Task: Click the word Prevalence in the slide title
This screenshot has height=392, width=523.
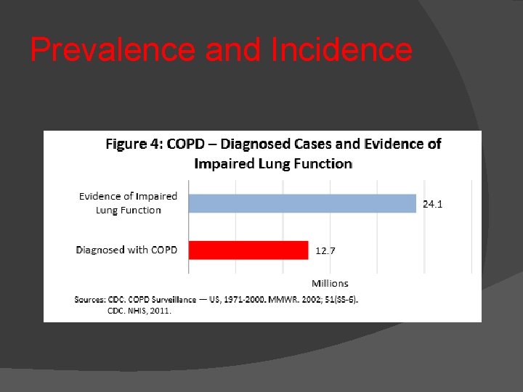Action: coord(113,50)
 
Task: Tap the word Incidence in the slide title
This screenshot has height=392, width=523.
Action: coord(340,50)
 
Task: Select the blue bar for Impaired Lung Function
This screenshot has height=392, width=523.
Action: coord(302,203)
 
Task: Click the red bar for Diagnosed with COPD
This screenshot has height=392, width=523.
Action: coord(248,250)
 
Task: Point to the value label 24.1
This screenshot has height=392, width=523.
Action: coord(433,204)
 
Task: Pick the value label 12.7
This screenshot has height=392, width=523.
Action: coord(325,251)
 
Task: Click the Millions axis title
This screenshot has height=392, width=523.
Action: coord(330,283)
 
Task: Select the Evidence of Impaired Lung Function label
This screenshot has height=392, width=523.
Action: coord(128,203)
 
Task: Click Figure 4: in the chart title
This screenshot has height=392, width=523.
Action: coord(134,144)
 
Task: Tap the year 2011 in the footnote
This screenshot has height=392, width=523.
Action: coord(161,311)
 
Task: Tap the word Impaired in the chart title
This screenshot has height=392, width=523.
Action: coord(220,164)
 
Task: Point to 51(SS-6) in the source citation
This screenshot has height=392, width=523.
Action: coord(337,299)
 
